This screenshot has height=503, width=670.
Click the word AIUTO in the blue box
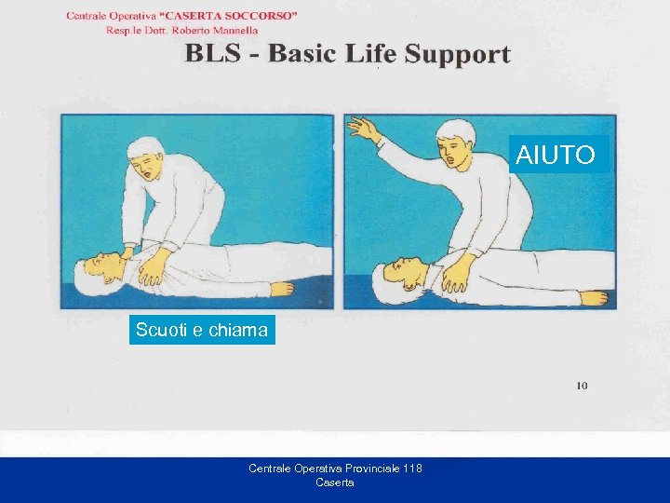[556, 155]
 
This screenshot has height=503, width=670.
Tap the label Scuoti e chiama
[201, 330]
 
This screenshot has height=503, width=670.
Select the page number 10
[582, 386]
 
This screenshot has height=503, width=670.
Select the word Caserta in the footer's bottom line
[335, 483]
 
